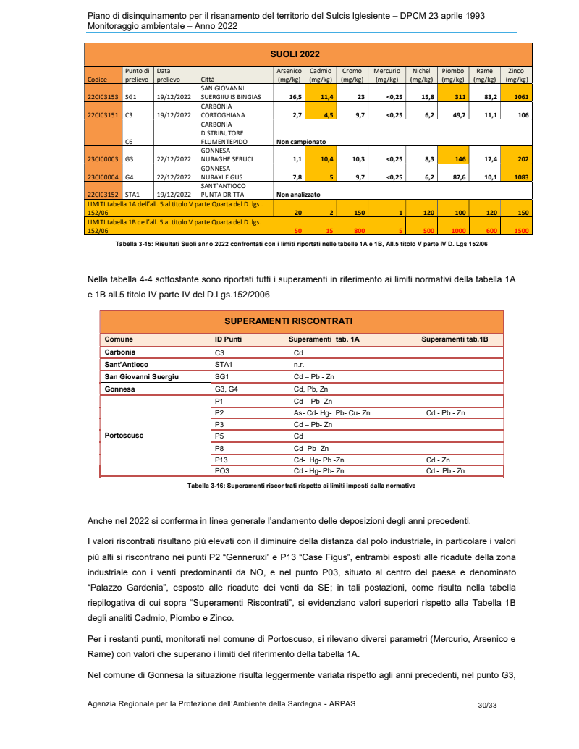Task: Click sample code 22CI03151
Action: [103, 114]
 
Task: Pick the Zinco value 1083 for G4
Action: [516, 176]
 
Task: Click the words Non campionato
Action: [302, 142]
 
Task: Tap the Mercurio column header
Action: [387, 75]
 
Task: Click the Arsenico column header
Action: [289, 75]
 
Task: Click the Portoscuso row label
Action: [124, 436]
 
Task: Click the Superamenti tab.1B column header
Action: [455, 339]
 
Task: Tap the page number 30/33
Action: [487, 704]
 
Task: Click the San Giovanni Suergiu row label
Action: [142, 376]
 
